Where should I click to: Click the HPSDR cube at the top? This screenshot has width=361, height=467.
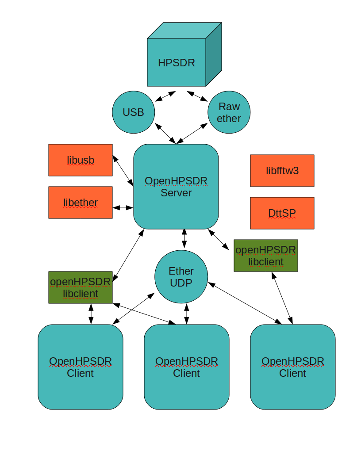click(177, 62)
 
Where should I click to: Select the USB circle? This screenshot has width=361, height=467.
click(134, 112)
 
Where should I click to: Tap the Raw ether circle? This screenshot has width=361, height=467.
click(229, 112)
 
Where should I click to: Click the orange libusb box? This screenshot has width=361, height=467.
click(81, 160)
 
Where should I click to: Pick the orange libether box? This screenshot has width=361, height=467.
click(81, 203)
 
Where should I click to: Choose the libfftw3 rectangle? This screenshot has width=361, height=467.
click(282, 171)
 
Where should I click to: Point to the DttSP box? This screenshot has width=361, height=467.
click(282, 213)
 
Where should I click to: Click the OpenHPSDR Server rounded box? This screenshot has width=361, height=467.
click(176, 187)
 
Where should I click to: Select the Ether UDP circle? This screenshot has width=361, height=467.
click(181, 277)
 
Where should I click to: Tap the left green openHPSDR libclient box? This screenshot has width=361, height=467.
click(81, 287)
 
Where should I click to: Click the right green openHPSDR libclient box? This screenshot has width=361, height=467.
click(265, 256)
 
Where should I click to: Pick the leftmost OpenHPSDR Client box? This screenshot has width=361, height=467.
click(81, 367)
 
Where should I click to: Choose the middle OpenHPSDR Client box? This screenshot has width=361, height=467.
click(187, 367)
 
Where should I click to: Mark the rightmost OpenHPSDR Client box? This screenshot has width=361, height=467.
click(293, 367)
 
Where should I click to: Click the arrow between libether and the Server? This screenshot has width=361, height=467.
click(123, 207)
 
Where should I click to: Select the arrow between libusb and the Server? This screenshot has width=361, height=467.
click(123, 171)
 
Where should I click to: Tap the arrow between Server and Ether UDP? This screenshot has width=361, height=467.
click(184, 239)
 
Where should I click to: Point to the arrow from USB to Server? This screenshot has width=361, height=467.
click(165, 133)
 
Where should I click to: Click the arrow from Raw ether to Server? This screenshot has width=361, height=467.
click(192, 134)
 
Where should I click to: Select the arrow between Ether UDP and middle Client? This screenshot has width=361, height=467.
click(186, 314)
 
